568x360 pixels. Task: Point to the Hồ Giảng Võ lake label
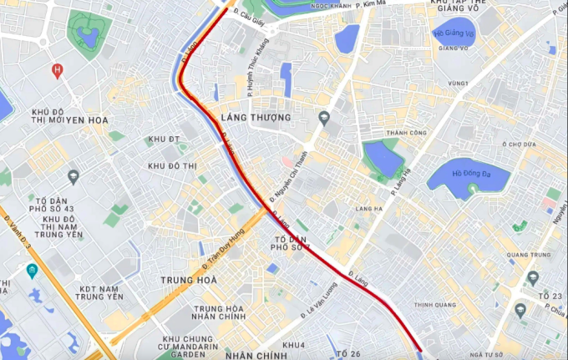click(x=454, y=33)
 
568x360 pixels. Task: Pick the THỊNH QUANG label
click(x=433, y=305)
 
